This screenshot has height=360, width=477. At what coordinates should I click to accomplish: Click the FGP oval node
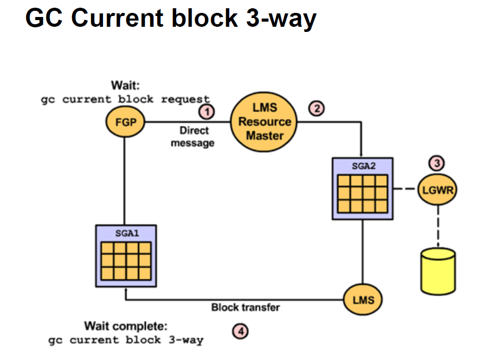pos(125,122)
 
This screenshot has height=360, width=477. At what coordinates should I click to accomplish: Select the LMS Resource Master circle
pos(264,122)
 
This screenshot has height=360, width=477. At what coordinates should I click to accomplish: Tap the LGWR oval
pos(437,190)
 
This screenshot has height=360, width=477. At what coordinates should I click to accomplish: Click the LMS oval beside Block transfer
pos(363,300)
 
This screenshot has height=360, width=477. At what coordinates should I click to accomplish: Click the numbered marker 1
pos(207,112)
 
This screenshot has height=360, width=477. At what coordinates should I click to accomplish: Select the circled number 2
pos(317,109)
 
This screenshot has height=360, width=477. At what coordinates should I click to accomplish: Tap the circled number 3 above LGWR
pos(436,163)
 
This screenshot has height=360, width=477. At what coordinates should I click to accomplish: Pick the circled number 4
pos(241,332)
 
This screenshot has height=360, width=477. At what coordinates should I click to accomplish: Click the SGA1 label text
pos(127,233)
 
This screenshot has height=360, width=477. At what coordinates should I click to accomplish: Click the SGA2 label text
pos(364,166)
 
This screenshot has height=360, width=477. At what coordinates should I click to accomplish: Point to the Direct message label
pos(193,136)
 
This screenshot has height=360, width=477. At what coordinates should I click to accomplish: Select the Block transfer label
pos(246,307)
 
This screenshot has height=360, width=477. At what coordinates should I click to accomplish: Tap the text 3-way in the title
pos(281,19)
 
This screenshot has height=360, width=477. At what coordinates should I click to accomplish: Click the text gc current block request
pos(125,99)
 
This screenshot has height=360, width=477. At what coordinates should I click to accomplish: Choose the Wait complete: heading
pos(126,326)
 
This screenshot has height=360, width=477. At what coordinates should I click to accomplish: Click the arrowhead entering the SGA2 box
pos(361,155)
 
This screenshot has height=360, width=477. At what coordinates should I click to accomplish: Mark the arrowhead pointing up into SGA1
pos(126,290)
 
